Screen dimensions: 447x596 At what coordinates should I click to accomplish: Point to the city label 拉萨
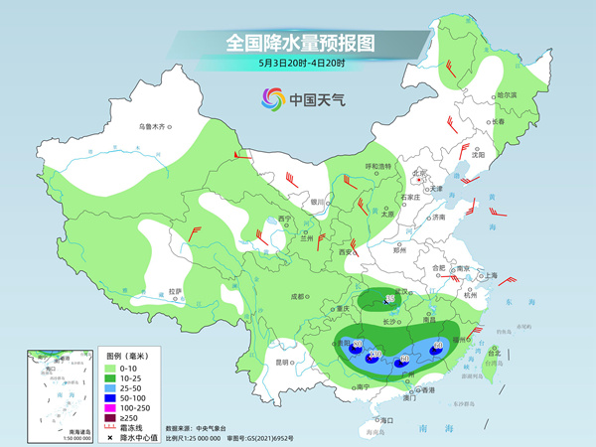tap(176, 291)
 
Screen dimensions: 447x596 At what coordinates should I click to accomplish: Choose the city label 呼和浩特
tap(378, 166)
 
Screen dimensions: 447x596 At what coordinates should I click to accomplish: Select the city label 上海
tap(488, 275)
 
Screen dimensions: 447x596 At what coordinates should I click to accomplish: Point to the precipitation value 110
tap(374, 354)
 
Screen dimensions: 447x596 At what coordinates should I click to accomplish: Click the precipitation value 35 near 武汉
tap(389, 299)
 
